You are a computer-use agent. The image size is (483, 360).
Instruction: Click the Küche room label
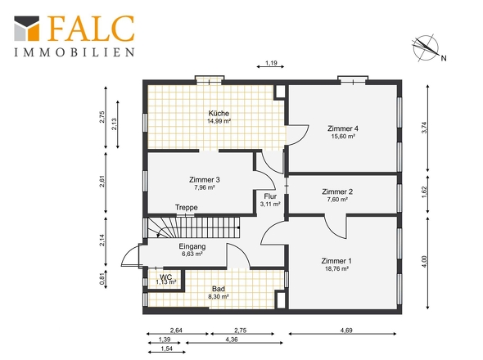click(x=219, y=113)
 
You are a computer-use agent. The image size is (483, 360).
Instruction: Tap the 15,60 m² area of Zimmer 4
click(x=343, y=136)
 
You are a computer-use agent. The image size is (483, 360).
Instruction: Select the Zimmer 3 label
click(x=205, y=179)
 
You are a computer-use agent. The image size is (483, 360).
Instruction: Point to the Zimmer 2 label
click(x=337, y=191)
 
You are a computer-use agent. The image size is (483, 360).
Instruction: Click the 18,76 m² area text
click(x=336, y=268)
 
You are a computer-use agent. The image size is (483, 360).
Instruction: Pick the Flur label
click(x=270, y=196)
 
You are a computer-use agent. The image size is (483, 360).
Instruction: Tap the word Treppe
click(x=187, y=207)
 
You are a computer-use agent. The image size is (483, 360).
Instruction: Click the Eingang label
click(x=192, y=246)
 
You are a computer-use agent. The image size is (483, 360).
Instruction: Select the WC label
click(x=166, y=277)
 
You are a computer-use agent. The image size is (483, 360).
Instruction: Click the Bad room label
click(x=219, y=289)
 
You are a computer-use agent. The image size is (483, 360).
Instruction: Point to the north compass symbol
click(x=427, y=48)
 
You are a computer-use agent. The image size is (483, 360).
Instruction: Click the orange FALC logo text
click(x=91, y=29)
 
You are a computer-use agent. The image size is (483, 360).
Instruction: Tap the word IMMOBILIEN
click(x=74, y=52)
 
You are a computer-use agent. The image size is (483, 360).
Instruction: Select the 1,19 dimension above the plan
click(x=271, y=63)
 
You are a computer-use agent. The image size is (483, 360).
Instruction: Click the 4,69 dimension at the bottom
click(x=346, y=331)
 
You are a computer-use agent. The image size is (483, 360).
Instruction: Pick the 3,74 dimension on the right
click(x=425, y=128)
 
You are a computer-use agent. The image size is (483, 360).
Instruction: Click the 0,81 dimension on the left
click(x=103, y=279)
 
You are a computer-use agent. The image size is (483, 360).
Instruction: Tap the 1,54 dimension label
click(x=167, y=349)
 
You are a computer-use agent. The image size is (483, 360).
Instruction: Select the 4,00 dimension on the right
click(x=425, y=262)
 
